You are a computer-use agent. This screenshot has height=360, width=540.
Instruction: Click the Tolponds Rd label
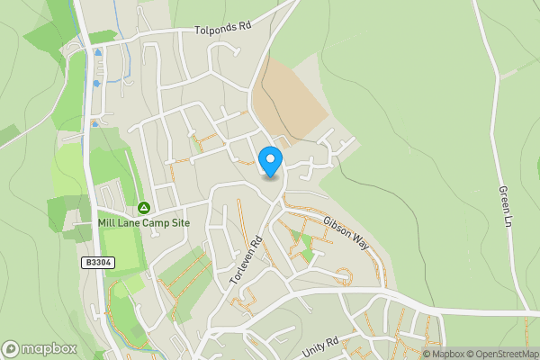pyautogui.click(x=222, y=29)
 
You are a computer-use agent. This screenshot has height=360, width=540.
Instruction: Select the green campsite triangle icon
pyautogui.click(x=143, y=207)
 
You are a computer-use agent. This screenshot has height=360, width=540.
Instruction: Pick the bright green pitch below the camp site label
pyautogui.click(x=120, y=249)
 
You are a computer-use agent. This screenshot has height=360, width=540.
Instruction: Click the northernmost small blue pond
pyautogui.click(x=97, y=53)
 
